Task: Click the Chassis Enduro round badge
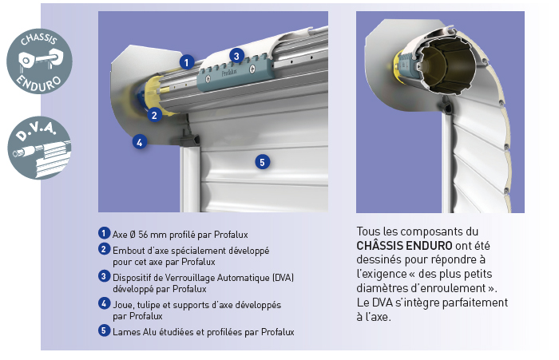[39, 61]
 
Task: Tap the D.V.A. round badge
[39, 148]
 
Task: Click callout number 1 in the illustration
[186, 62]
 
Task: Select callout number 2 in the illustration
[154, 115]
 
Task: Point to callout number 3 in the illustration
[236, 56]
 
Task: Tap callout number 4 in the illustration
[140, 142]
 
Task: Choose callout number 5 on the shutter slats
[263, 162]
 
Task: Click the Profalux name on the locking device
[229, 73]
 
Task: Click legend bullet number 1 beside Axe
[104, 233]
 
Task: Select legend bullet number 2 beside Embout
[104, 249]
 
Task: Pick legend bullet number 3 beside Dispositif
[104, 276]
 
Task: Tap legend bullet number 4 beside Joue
[104, 303]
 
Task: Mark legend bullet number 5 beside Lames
[104, 330]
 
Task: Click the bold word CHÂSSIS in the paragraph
[379, 245]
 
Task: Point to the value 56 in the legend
[143, 235]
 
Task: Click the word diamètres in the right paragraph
[383, 288]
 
